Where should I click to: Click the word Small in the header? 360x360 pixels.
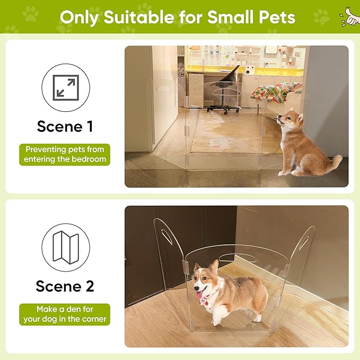tap(231, 17)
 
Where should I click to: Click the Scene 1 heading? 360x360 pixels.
tap(65, 127)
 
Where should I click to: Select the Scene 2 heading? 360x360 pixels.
tap(65, 286)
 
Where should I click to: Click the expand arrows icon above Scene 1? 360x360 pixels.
tap(66, 87)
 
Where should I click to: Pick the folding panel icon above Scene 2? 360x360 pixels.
tap(66, 247)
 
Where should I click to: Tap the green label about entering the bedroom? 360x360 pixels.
tap(65, 154)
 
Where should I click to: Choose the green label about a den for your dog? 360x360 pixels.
tap(65, 314)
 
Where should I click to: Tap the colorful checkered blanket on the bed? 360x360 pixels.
tap(276, 92)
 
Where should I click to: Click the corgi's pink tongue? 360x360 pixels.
tap(199, 294)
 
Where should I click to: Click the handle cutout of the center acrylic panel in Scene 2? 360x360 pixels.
tap(237, 258)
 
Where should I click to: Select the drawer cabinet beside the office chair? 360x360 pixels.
tap(196, 90)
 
